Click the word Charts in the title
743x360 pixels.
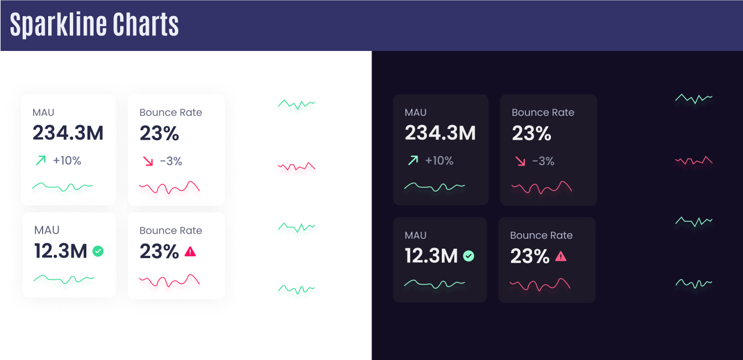[146, 25]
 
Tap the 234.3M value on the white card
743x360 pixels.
[68, 133]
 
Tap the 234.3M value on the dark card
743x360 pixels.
[440, 133]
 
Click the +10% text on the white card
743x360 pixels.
[67, 161]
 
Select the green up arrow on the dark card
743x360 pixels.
[412, 161]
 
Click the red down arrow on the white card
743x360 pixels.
[147, 161]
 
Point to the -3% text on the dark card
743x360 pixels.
[543, 161]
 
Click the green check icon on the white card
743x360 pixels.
[98, 251]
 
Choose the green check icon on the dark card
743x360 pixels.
[468, 256]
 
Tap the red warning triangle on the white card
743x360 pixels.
[190, 251]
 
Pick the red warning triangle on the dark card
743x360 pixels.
[561, 256]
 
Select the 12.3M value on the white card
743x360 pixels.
[60, 251]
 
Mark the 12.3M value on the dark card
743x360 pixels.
[431, 256]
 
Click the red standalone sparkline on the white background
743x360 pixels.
[296, 166]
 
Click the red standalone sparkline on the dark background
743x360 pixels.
[694, 161]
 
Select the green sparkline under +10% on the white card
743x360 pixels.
[62, 187]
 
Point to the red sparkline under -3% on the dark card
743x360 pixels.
[541, 188]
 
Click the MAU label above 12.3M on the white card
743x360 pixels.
[47, 230]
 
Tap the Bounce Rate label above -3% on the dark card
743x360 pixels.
[543, 112]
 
